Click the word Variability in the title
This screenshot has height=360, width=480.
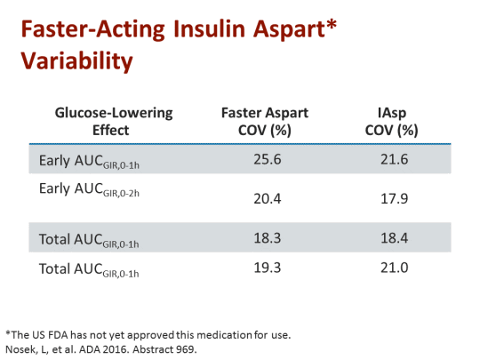(x=77, y=61)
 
